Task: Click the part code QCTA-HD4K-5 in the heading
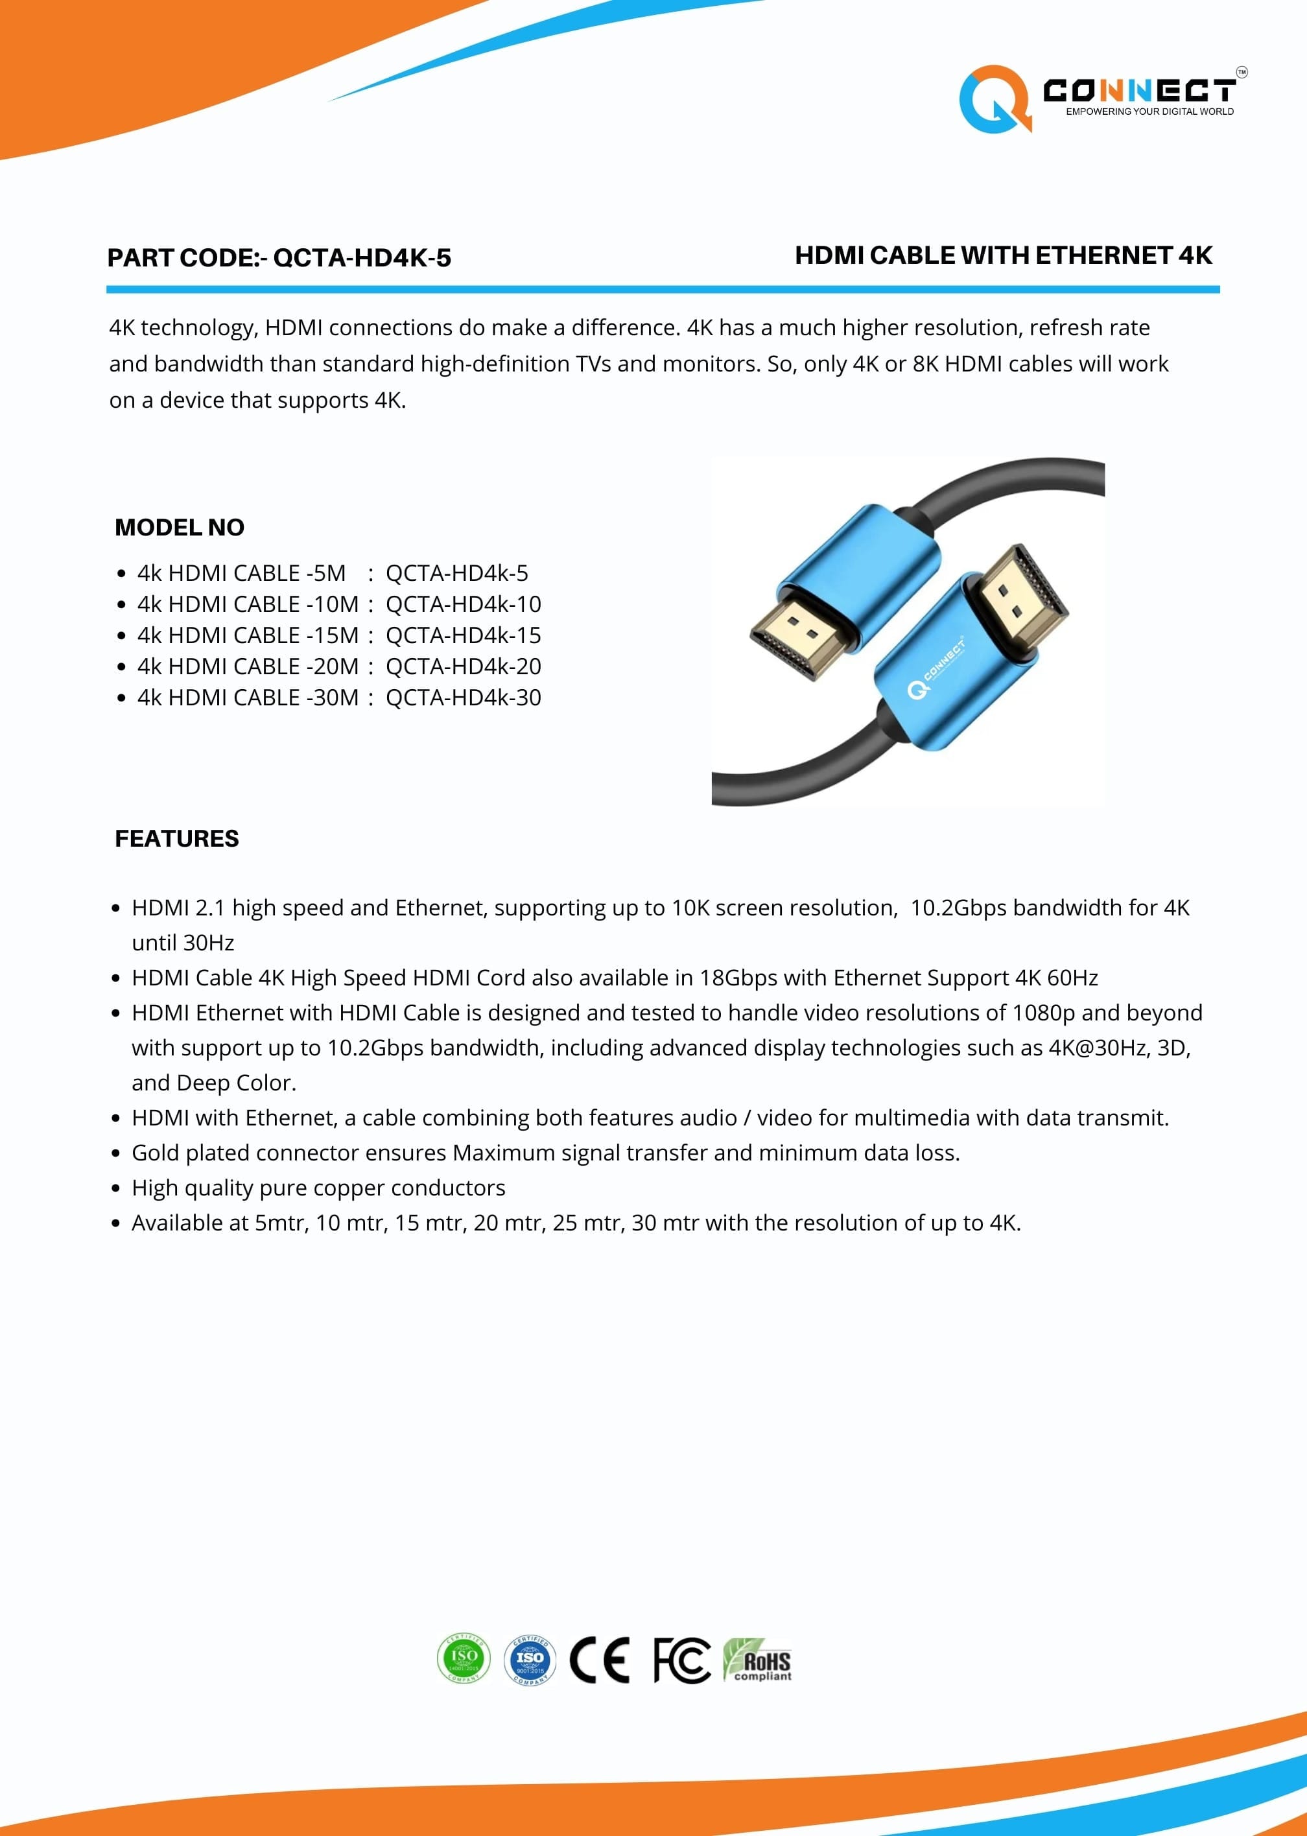[362, 258]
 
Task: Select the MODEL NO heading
[180, 527]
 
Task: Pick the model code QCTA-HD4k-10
[463, 604]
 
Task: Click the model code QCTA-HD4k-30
[463, 698]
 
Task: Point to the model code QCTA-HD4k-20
[463, 666]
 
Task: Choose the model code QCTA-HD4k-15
[463, 635]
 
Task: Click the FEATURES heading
[177, 838]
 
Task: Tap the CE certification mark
[600, 1660]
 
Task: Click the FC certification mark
[681, 1660]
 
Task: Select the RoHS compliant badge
[757, 1660]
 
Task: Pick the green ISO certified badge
[464, 1659]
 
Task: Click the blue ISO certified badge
[530, 1660]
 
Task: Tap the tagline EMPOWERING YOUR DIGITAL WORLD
[1149, 112]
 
